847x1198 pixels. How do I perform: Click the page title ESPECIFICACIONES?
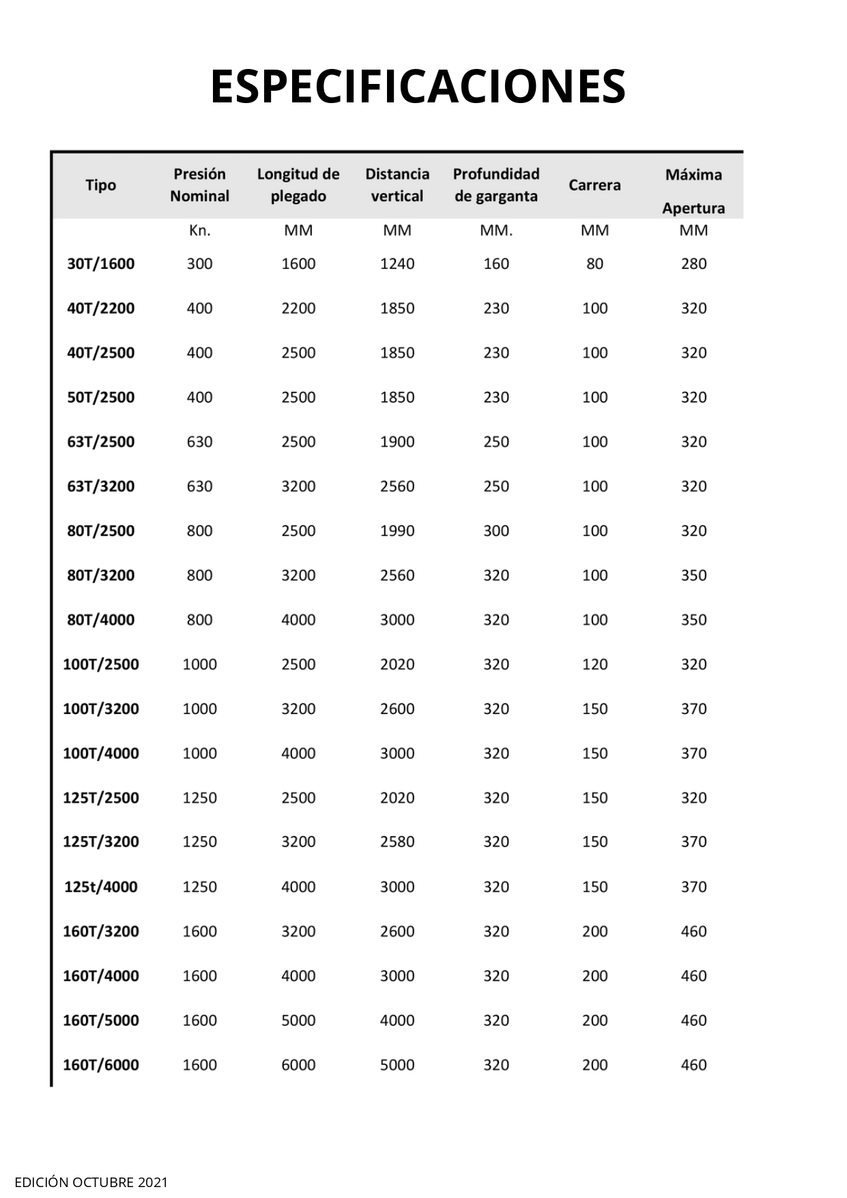418,87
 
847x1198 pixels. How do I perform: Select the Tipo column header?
101,185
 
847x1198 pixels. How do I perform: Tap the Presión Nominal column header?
199,185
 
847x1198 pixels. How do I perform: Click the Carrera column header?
594,185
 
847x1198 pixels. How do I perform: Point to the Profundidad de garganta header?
496,185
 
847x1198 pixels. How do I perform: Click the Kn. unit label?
199,231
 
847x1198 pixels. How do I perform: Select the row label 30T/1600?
101,263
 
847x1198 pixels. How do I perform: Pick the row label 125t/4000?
101,887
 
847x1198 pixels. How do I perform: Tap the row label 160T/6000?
101,1065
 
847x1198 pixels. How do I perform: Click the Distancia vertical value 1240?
397,263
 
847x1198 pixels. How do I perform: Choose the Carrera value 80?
594,263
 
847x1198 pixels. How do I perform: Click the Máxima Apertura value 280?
693,263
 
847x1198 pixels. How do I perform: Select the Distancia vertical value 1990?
397,530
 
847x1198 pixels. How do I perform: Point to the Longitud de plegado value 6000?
298,1065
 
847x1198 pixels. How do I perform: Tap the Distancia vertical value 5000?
397,1065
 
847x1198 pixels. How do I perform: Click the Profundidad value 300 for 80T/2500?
496,530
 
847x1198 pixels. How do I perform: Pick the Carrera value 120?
594,664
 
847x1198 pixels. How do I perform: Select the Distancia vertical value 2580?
397,842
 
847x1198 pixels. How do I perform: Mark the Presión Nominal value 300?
199,263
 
